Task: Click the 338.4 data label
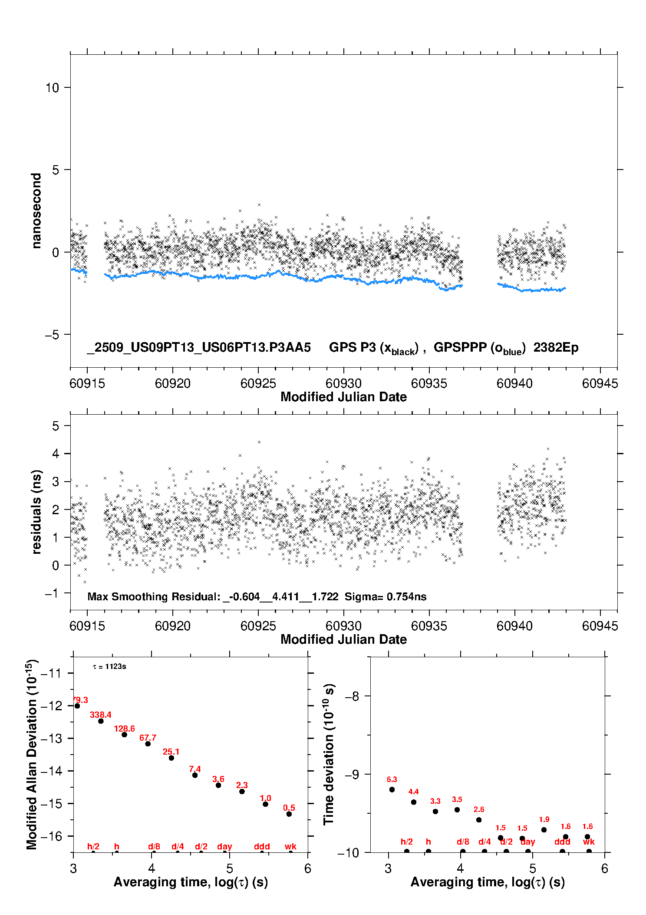click(100, 715)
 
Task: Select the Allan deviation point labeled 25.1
click(171, 758)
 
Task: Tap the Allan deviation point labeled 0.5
click(289, 814)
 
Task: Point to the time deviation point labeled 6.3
click(392, 790)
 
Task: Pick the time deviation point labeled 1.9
click(544, 830)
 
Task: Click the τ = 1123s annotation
click(109, 667)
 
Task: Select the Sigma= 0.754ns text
click(386, 597)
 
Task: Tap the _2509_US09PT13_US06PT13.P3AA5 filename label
click(199, 348)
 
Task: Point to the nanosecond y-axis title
click(36, 211)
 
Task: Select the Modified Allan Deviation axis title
click(32, 755)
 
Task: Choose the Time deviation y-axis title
click(329, 755)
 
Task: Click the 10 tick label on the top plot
click(52, 88)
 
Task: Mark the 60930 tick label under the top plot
click(343, 383)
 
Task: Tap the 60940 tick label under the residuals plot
click(514, 626)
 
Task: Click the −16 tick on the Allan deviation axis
click(51, 836)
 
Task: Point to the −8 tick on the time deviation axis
click(352, 696)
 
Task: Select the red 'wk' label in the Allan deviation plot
click(290, 846)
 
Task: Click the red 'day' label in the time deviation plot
click(527, 842)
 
